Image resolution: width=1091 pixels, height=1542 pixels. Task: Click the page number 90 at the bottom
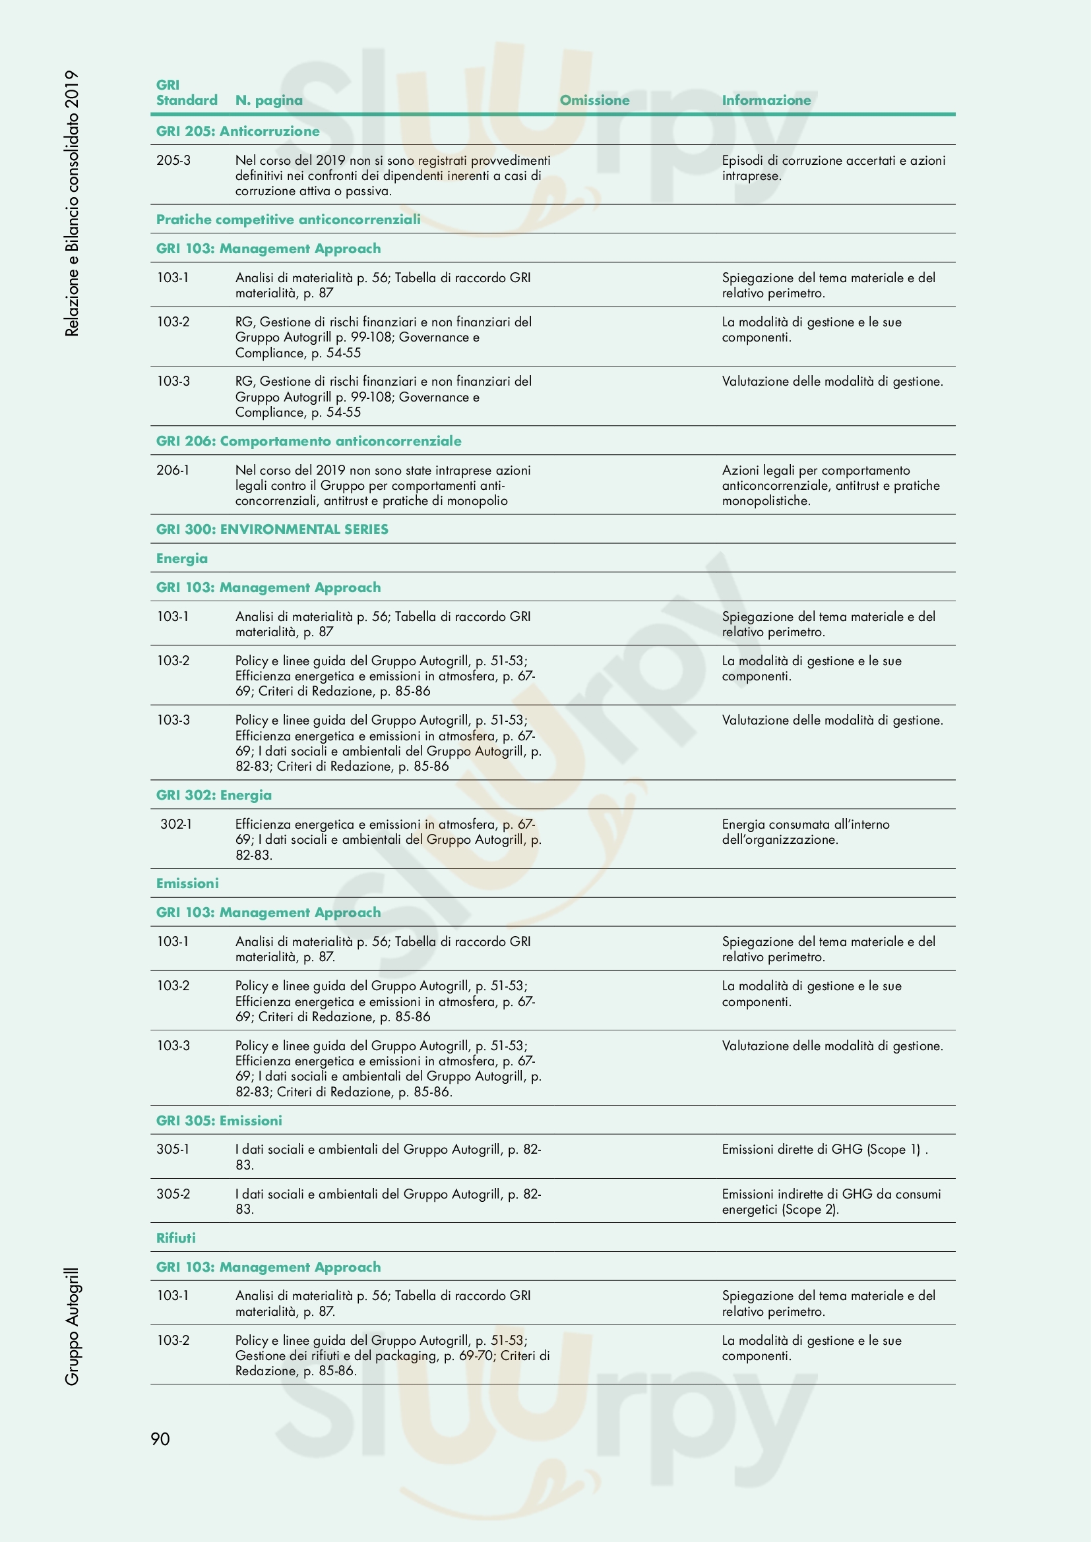pos(160,1438)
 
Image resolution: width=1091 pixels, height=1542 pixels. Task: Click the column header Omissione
pos(594,100)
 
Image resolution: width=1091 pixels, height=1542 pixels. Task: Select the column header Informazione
pos(766,100)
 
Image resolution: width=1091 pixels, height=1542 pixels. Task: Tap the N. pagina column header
pos(268,100)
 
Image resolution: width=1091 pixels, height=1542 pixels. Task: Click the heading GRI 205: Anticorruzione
pos(238,131)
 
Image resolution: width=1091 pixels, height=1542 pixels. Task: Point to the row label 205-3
pos(173,160)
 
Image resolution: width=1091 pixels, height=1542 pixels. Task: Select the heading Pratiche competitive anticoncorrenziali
pos(288,220)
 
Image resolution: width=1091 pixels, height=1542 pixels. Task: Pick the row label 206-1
pos(173,470)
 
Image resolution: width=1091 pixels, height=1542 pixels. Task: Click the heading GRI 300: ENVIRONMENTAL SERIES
pos(272,529)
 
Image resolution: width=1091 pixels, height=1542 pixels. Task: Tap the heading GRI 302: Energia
pos(214,795)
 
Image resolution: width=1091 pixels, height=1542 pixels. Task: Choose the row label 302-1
pos(175,824)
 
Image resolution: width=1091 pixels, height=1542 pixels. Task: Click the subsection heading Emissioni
pos(187,883)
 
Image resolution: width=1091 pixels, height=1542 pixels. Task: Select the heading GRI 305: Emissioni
pos(219,1120)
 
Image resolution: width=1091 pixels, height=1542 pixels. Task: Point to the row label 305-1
pos(173,1149)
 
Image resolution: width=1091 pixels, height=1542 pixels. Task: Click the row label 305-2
pos(173,1193)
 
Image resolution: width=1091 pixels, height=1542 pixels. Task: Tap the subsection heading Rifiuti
pos(176,1238)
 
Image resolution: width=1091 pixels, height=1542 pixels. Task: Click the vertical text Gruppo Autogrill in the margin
pos(72,1327)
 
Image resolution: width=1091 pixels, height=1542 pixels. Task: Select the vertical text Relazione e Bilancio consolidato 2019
pos(72,203)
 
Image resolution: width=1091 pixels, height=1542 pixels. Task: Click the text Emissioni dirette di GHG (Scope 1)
pos(825,1149)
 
